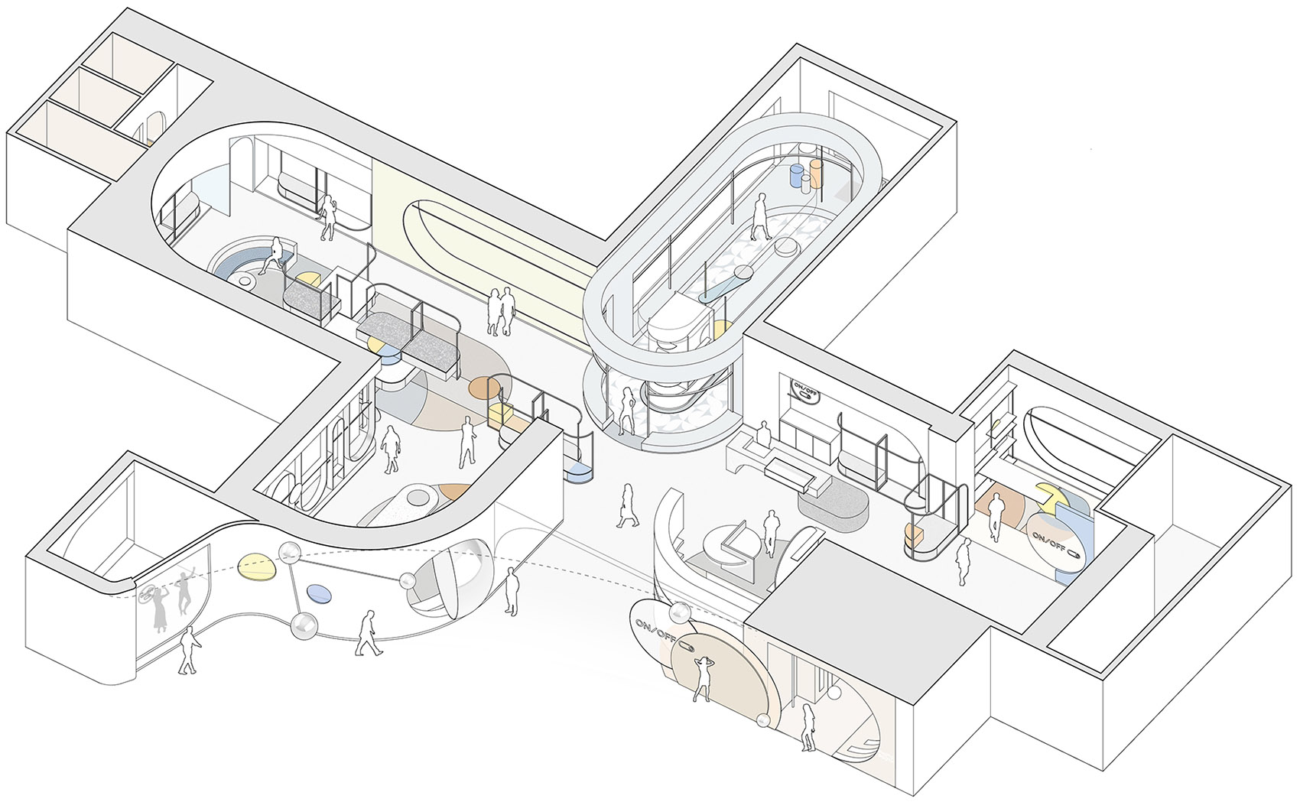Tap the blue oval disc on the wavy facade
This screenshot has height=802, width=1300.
(x=319, y=593)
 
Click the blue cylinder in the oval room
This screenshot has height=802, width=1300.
(x=797, y=175)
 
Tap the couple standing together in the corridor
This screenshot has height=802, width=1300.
(x=500, y=312)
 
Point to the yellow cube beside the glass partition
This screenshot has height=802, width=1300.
(x=499, y=415)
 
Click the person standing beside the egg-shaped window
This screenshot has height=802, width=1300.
(x=511, y=591)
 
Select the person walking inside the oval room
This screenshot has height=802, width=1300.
(x=760, y=216)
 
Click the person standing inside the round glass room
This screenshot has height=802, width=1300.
(x=627, y=411)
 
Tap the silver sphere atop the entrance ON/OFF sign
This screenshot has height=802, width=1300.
(x=679, y=613)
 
